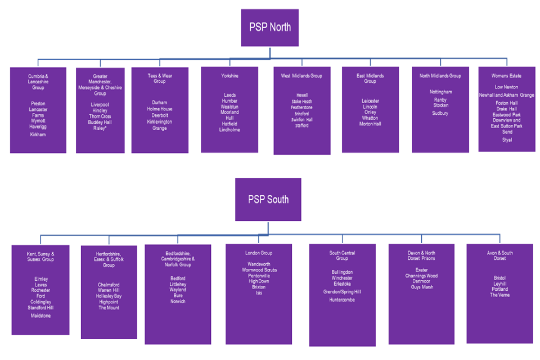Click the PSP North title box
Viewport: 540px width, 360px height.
pyautogui.click(x=269, y=28)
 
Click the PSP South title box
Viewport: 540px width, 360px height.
pyautogui.click(x=268, y=199)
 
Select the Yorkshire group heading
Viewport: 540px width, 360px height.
pyautogui.click(x=229, y=76)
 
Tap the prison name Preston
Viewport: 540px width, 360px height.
pyautogui.click(x=38, y=103)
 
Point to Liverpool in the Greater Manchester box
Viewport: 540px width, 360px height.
pyautogui.click(x=100, y=105)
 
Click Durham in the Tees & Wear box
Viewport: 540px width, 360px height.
pyautogui.click(x=159, y=103)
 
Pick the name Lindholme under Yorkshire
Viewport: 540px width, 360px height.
pyautogui.click(x=229, y=130)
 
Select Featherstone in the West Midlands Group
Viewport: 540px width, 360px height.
pyautogui.click(x=301, y=107)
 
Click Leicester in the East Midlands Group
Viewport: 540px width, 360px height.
pyautogui.click(x=370, y=101)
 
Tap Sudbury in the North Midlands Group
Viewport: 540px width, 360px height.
pyautogui.click(x=440, y=114)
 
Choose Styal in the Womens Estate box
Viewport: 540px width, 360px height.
pyautogui.click(x=507, y=140)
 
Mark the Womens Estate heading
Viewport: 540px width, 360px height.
pyautogui.click(x=507, y=76)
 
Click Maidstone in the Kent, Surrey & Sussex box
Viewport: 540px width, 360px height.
pyautogui.click(x=41, y=316)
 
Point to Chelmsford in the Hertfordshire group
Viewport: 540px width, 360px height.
pyautogui.click(x=109, y=285)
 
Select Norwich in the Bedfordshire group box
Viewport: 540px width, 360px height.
pyautogui.click(x=178, y=301)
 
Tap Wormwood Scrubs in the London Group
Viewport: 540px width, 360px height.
pyautogui.click(x=259, y=270)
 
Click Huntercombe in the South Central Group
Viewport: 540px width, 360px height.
pyautogui.click(x=342, y=300)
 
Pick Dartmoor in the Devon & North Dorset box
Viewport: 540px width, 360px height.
pyautogui.click(x=421, y=281)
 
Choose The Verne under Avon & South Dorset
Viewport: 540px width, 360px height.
pyautogui.click(x=499, y=295)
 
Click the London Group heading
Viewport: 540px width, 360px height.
pyautogui.click(x=259, y=253)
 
